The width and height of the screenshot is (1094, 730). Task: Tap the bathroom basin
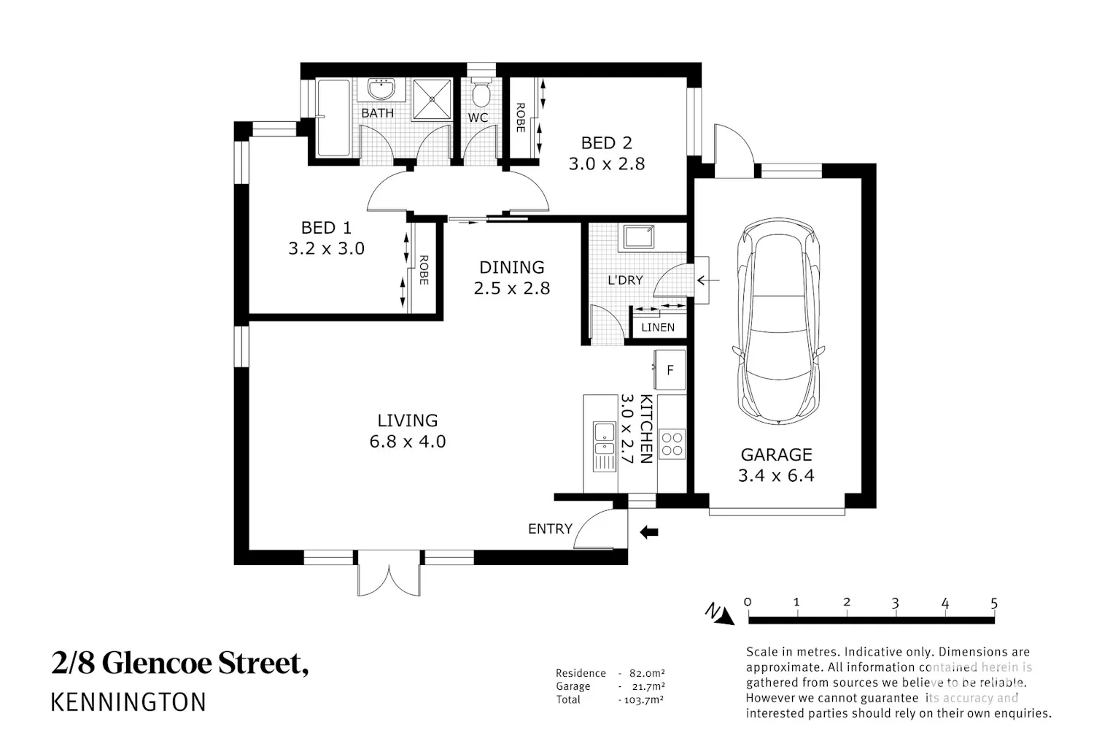pos(381,89)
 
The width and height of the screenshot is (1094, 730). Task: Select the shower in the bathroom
pos(432,99)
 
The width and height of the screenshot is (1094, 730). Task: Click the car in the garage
pos(778,321)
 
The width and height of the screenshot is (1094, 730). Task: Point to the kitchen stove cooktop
pos(672,444)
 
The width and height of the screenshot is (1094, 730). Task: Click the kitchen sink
pos(604,447)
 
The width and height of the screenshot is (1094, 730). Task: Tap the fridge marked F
pos(670,369)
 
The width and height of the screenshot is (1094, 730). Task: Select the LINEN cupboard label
pos(658,327)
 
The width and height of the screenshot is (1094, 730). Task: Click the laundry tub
pos(638,237)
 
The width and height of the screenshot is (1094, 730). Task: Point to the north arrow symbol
pos(720,614)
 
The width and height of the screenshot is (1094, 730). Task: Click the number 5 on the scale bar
pos(994,604)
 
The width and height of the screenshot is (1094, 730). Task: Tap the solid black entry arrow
pos(649,532)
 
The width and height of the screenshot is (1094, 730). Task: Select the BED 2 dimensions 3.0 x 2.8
pos(607,164)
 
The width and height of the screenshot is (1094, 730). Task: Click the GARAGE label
pos(776,455)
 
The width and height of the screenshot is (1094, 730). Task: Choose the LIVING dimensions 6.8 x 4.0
pos(407,442)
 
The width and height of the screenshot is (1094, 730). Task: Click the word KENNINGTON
pos(128,702)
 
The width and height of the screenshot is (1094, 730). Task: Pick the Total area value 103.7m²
pos(644,699)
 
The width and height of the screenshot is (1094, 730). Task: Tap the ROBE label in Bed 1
pos(424,270)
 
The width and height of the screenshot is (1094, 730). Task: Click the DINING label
pos(511,267)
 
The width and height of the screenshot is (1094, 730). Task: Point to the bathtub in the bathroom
pos(333,118)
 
